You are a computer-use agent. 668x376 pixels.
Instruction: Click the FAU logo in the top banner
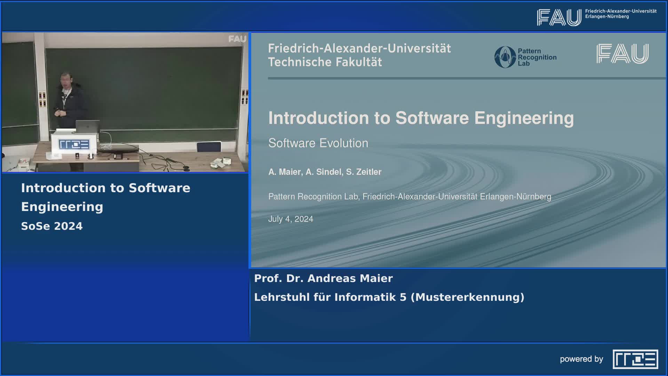[559, 17]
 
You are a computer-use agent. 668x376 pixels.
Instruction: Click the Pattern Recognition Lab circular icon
[505, 57]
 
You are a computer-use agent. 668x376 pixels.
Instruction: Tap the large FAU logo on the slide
[622, 54]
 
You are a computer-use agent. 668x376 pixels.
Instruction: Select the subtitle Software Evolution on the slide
[318, 143]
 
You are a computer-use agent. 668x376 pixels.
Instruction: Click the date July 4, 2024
[291, 219]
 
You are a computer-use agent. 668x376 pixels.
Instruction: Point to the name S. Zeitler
[364, 172]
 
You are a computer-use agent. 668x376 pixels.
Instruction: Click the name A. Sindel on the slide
[324, 172]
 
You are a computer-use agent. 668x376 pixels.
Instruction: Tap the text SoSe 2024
[52, 226]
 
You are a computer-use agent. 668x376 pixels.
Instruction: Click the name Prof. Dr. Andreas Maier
[323, 279]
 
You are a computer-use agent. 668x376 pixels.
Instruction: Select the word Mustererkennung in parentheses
[467, 297]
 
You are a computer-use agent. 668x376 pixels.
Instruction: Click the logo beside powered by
[635, 359]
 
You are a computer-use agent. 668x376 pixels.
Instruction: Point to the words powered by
[581, 359]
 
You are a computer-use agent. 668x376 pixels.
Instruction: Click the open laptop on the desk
[87, 126]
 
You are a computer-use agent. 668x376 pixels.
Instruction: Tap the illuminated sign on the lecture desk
[73, 144]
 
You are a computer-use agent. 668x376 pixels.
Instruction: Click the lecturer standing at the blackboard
[68, 101]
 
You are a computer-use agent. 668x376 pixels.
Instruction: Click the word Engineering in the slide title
[524, 118]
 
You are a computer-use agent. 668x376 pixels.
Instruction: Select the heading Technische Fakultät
[325, 62]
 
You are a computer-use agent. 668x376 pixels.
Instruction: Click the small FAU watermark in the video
[237, 39]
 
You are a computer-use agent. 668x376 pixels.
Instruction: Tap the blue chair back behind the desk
[209, 147]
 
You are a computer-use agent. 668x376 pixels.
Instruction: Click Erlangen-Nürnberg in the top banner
[607, 17]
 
